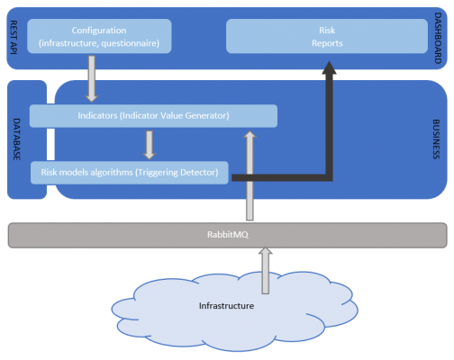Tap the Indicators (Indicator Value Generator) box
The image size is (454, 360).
click(153, 116)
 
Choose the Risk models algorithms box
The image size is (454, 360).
click(130, 171)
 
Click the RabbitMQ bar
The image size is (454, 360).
click(227, 235)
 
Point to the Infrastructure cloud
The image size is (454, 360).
click(226, 306)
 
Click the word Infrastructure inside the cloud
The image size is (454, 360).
click(226, 306)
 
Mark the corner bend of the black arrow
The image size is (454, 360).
click(331, 177)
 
